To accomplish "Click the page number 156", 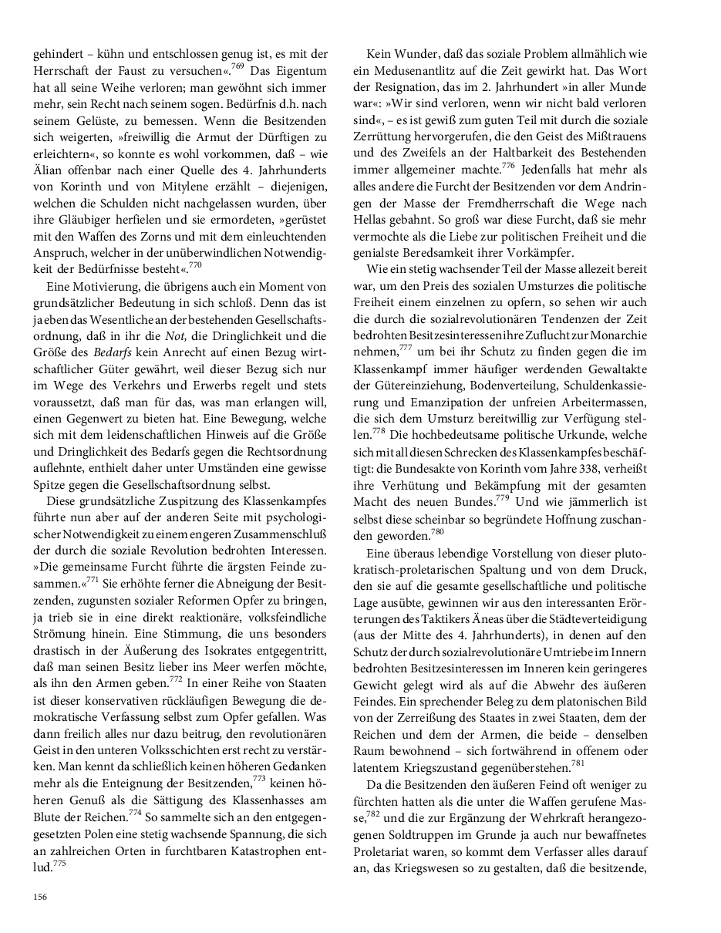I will pyautogui.click(x=40, y=896).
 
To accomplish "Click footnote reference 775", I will pyautogui.click(x=57, y=864).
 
